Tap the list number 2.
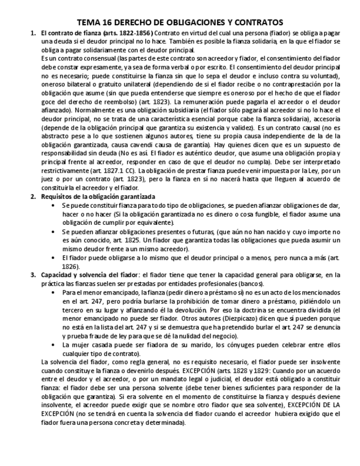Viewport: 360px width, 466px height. tap(33, 196)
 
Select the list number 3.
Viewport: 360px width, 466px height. tap(33, 275)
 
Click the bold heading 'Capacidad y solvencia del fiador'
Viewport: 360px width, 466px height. tap(90, 275)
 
